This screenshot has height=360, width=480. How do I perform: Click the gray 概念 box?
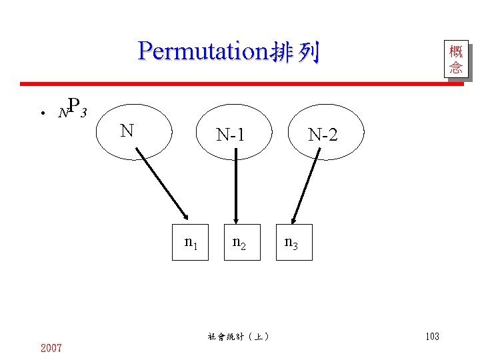click(456, 59)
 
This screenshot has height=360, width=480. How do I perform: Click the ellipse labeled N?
click(137, 131)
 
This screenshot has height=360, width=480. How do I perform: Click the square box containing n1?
click(191, 242)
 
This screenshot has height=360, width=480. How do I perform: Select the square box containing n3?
click(294, 242)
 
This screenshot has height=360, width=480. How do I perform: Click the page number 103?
click(432, 337)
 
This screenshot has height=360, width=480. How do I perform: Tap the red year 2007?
click(51, 347)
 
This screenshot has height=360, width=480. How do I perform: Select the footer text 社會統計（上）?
click(238, 337)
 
